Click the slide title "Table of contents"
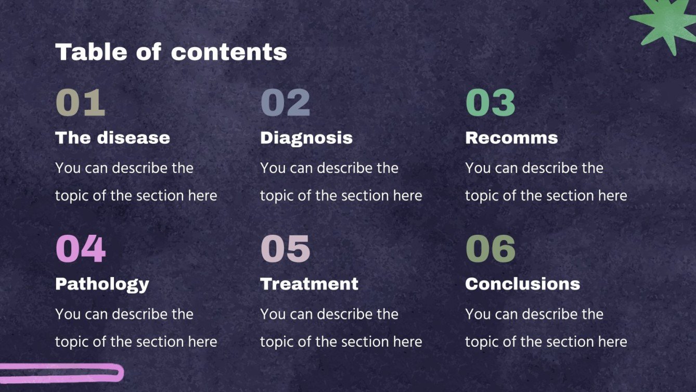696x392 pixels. (x=171, y=52)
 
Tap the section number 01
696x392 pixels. (x=80, y=103)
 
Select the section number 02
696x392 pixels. (x=285, y=103)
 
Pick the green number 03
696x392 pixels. (x=490, y=103)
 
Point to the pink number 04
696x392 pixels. (x=81, y=249)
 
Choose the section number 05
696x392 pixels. (x=285, y=249)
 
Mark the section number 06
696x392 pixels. (x=490, y=249)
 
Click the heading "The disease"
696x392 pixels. (x=112, y=137)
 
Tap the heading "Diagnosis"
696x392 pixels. (x=306, y=137)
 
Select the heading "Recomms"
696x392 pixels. (x=511, y=137)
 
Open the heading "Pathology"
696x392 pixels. (x=102, y=284)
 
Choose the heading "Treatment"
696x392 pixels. (x=309, y=284)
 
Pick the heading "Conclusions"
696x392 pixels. (x=522, y=284)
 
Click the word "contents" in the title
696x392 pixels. (x=229, y=52)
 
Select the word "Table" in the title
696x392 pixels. (x=92, y=52)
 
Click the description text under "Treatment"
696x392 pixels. (x=341, y=328)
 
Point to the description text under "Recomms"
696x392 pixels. (x=546, y=182)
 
